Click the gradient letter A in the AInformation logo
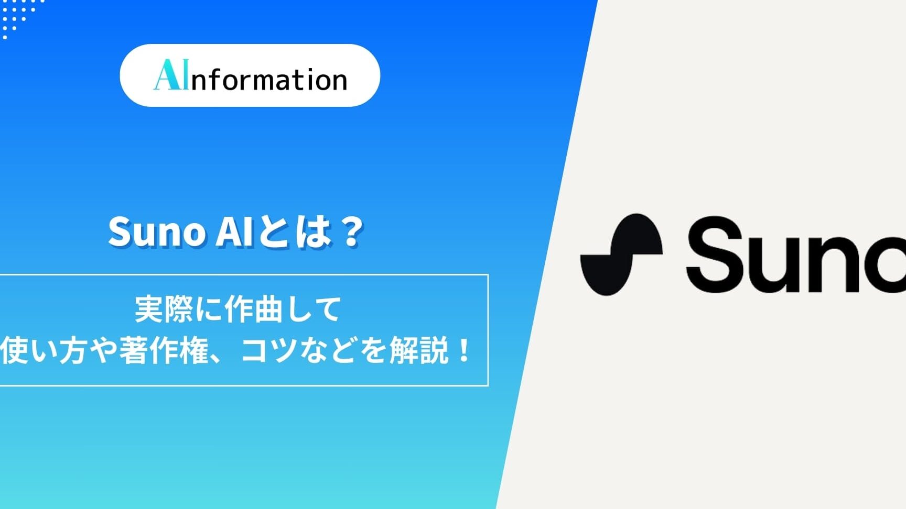(x=167, y=75)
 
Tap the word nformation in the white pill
(x=269, y=80)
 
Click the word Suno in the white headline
(x=156, y=231)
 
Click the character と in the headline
(x=272, y=231)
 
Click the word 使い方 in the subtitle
(x=44, y=350)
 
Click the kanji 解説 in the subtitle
(x=418, y=350)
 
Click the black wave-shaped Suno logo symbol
(x=621, y=255)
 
